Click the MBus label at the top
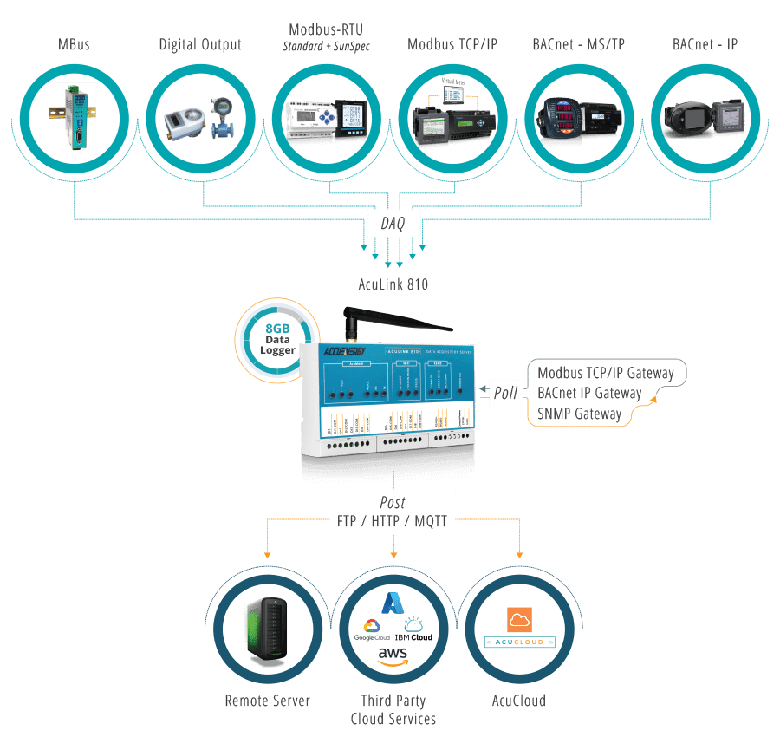click(x=74, y=44)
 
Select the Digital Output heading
click(x=200, y=44)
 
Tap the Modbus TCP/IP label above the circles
click(x=452, y=44)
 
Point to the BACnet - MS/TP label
click(x=578, y=44)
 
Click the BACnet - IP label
click(x=705, y=44)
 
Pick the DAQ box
click(x=393, y=223)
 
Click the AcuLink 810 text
click(x=393, y=284)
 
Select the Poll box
click(x=505, y=393)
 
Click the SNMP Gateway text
click(x=579, y=414)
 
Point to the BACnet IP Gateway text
click(x=589, y=394)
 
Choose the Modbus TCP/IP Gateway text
click(x=605, y=373)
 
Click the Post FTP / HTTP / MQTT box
click(x=393, y=512)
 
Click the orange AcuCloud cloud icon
click(x=519, y=619)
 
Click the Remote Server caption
click(x=267, y=701)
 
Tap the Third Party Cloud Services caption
click(x=393, y=709)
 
